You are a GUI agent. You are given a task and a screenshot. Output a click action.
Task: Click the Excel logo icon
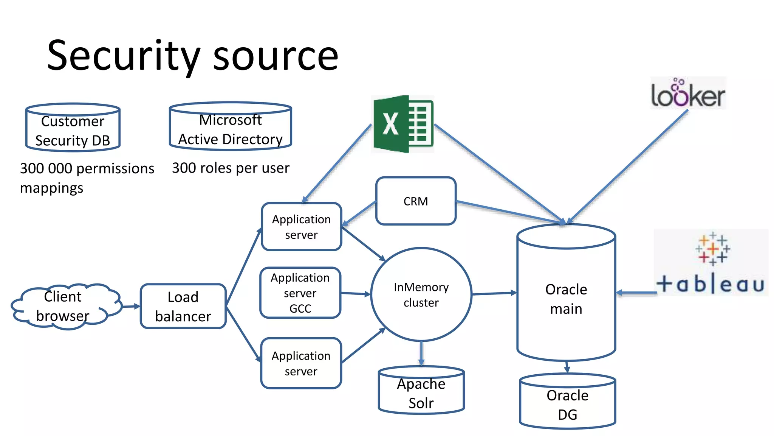403,124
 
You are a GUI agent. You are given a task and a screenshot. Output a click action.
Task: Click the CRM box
416,201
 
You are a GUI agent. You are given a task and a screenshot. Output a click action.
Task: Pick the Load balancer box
183,307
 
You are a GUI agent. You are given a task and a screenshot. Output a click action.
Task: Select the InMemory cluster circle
421,294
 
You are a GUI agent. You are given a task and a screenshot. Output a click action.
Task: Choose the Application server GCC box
300,293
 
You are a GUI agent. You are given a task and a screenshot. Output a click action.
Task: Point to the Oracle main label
566,299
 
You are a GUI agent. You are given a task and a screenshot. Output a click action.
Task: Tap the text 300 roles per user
231,168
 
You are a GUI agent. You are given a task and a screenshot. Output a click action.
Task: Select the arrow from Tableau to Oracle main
636,293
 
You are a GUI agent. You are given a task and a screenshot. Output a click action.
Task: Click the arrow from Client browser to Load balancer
131,307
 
